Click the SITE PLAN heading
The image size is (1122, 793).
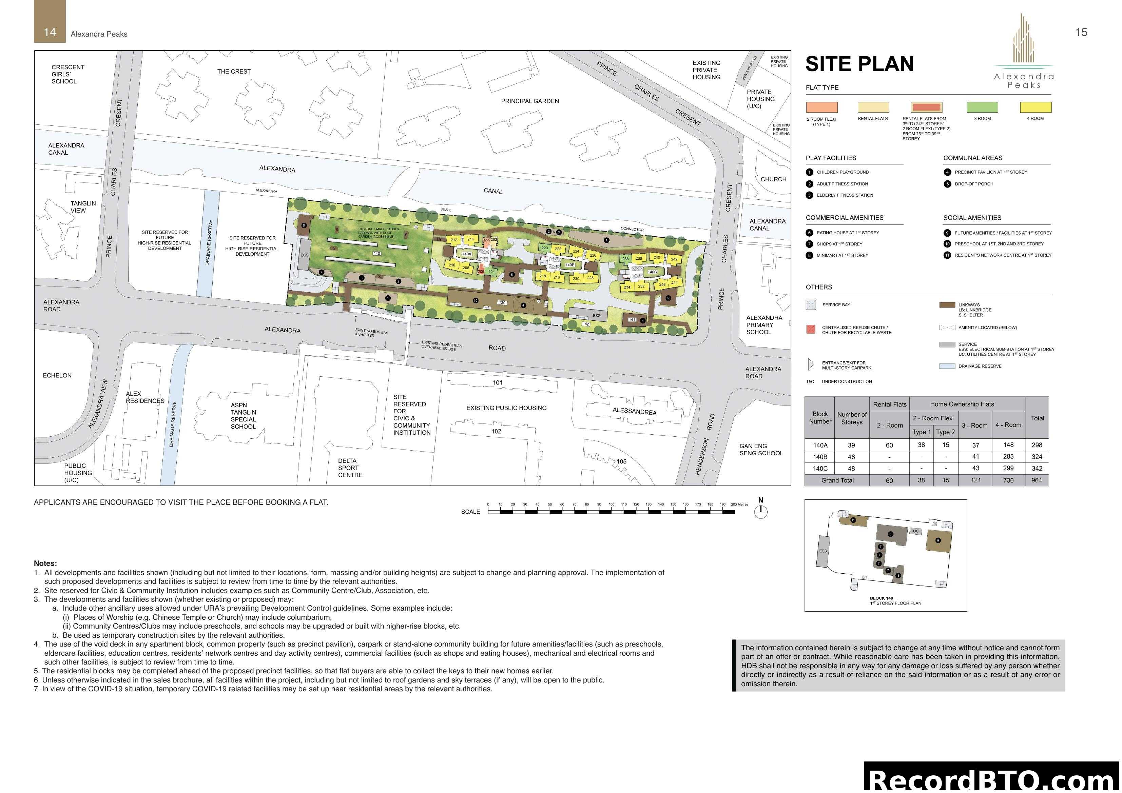click(x=859, y=64)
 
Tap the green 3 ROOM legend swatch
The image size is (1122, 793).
click(x=982, y=107)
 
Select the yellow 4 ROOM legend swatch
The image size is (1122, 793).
click(x=1036, y=107)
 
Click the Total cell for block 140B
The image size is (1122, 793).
click(x=1037, y=457)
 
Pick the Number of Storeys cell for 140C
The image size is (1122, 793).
click(x=851, y=469)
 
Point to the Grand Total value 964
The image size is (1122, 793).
click(x=1037, y=480)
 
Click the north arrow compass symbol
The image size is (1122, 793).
click(x=761, y=512)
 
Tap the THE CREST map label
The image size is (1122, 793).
click(x=234, y=71)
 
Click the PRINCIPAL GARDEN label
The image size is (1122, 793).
click(x=530, y=101)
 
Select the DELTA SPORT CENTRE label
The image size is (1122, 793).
click(x=350, y=468)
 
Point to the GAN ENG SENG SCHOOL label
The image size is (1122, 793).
click(x=760, y=450)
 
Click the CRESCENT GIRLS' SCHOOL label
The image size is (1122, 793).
click(x=67, y=74)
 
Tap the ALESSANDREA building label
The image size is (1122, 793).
click(x=634, y=411)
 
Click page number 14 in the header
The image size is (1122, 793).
click(x=50, y=32)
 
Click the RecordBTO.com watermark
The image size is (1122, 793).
click(x=992, y=778)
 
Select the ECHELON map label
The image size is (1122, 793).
click(x=57, y=375)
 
